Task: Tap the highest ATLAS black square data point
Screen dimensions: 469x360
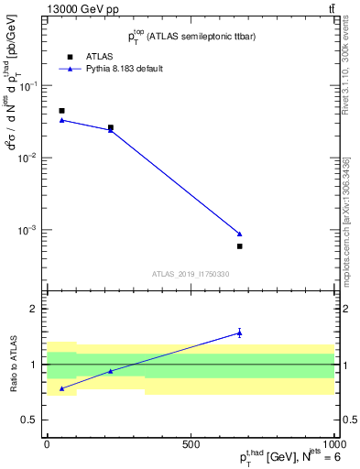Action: [61, 111]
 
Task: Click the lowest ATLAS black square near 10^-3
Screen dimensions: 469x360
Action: [239, 246]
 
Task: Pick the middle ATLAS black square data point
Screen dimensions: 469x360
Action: [111, 127]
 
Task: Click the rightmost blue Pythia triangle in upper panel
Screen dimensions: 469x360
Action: [239, 234]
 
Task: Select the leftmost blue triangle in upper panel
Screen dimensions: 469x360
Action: [61, 120]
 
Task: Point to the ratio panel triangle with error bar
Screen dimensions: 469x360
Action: [239, 333]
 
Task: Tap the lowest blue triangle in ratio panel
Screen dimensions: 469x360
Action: [61, 388]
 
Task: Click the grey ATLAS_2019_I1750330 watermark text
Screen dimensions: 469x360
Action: [191, 274]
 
